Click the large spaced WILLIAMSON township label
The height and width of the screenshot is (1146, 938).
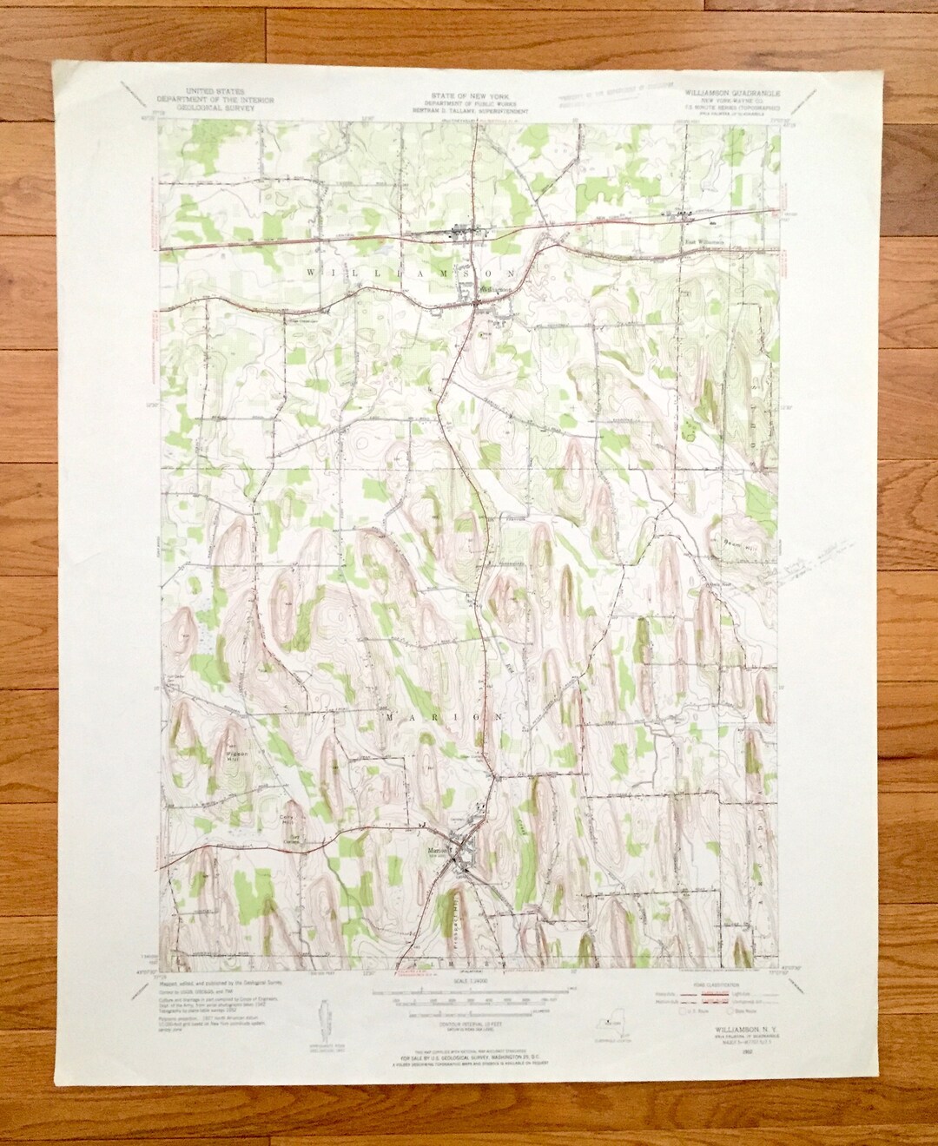click(412, 272)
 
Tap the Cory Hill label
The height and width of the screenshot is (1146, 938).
click(287, 818)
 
